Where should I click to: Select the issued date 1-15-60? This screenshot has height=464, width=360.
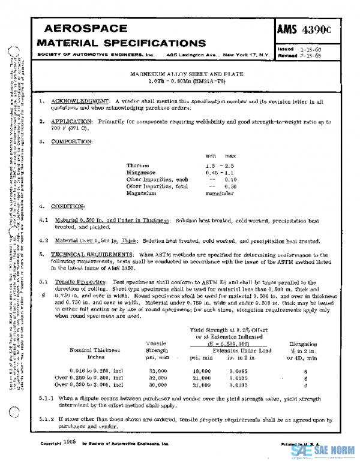click(311, 49)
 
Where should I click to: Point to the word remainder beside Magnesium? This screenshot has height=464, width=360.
click(220, 194)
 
